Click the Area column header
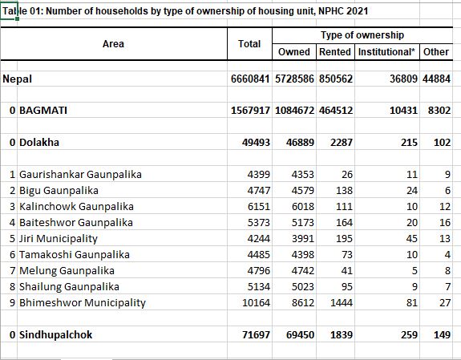[113, 44]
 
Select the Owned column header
[294, 52]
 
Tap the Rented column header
[335, 52]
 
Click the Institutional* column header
[386, 52]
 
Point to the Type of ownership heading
[362, 35]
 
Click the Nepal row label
[17, 79]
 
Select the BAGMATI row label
[43, 111]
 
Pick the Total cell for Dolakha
[256, 143]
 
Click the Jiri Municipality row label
[59, 238]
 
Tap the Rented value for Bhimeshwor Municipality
[342, 302]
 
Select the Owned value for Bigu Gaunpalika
[303, 191]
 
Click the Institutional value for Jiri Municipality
[412, 238]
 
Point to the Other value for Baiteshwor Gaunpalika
[445, 223]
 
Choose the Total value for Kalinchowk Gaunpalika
[259, 207]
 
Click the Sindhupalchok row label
[56, 334]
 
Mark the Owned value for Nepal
[294, 79]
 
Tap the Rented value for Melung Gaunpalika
[347, 270]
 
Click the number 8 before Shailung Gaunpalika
[12, 287]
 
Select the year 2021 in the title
[357, 11]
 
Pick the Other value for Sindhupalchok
[443, 334]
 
